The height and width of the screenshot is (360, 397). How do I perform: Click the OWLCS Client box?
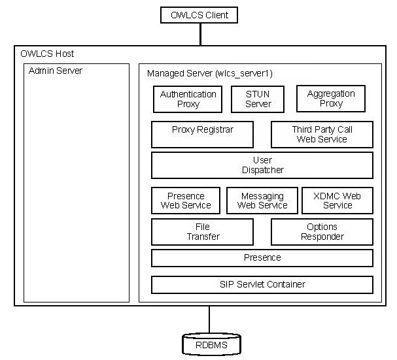pos(199,14)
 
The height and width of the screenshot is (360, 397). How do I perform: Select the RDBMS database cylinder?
pos(209,344)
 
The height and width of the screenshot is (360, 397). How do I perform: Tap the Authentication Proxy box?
pos(188,99)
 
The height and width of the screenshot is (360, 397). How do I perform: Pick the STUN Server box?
pos(258,99)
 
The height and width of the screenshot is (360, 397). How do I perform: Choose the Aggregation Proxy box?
pos(331,99)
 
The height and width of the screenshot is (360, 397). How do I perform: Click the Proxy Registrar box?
pos(202,134)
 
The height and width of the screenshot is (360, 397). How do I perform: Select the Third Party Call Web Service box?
pos(322,134)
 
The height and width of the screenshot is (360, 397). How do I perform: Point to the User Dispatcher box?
pos(262,165)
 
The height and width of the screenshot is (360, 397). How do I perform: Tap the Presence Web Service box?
pos(186,201)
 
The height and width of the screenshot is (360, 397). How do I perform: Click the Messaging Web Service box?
pos(262,201)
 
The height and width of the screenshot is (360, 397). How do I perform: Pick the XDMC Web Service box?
pos(337,201)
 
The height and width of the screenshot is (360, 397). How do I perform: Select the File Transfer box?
pos(202,231)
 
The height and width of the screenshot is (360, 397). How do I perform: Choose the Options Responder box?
pos(322,231)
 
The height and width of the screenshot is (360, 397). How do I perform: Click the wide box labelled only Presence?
pos(262,257)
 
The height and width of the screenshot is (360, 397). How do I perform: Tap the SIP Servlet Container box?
pos(262,284)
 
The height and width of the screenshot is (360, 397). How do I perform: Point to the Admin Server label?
pos(56,71)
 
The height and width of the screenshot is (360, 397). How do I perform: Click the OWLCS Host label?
pos(47,54)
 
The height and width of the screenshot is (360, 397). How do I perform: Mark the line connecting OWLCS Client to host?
pos(199,34)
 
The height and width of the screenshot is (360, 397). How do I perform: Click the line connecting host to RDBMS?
pos(209,319)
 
